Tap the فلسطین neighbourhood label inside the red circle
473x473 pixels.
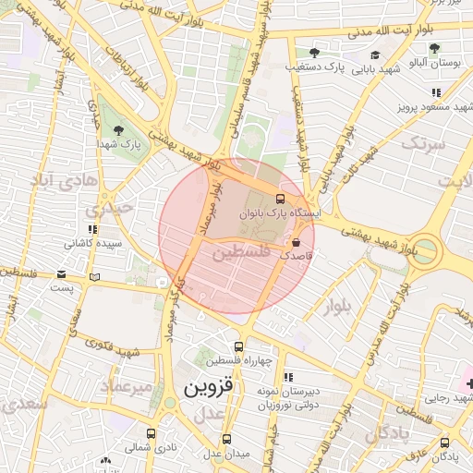tap(242, 251)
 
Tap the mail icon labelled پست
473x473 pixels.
tap(61, 274)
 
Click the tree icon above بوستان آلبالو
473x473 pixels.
tap(433, 48)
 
